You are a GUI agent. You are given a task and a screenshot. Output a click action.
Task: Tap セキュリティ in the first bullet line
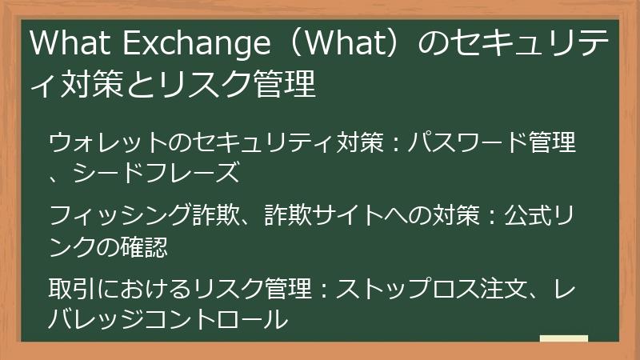click(x=262, y=144)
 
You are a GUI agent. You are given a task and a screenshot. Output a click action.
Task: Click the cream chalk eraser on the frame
click(x=563, y=339)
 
